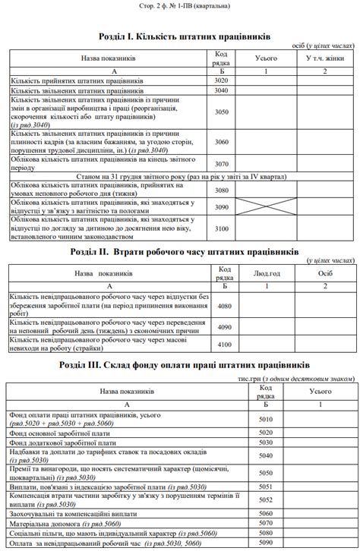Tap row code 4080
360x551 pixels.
[224, 305]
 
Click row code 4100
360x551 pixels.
[224, 345]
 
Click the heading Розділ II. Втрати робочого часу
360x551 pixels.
[179, 251]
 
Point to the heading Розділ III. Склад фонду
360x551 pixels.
[179, 365]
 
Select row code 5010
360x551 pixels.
[265, 419]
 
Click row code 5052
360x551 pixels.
[265, 500]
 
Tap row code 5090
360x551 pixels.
[265, 543]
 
